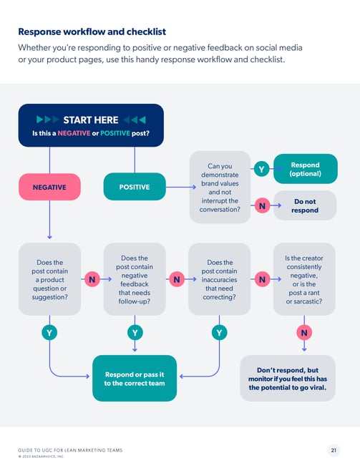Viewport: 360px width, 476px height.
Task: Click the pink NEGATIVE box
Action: [x=49, y=187]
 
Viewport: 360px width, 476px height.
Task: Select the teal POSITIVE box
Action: [x=135, y=187]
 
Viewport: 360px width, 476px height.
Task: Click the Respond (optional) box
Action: [x=305, y=169]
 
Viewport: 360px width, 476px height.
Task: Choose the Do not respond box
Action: [x=305, y=206]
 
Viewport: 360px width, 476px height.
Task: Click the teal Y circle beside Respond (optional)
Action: [x=262, y=169]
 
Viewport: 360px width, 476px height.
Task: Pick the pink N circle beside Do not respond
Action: [x=262, y=206]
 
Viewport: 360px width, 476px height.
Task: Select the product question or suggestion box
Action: [x=49, y=279]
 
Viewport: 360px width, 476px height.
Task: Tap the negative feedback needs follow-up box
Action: [x=135, y=279]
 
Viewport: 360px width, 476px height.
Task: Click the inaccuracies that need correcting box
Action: [x=220, y=279]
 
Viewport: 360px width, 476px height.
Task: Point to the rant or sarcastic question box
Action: [x=304, y=279]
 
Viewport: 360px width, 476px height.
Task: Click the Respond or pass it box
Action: [x=135, y=378]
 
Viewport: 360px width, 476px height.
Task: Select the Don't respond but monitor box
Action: [x=286, y=378]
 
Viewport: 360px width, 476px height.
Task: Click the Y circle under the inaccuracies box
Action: [x=220, y=333]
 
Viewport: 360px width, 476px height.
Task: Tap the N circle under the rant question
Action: [x=304, y=333]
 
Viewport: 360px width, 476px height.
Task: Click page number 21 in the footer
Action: [x=334, y=450]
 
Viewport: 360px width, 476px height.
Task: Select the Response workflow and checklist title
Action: [x=92, y=31]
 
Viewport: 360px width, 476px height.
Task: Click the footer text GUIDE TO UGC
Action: [x=70, y=450]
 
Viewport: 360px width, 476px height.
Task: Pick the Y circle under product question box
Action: [x=49, y=333]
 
